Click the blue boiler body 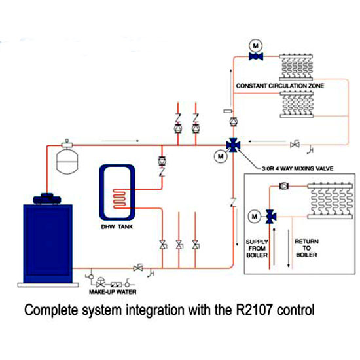[48, 243]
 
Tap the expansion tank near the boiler [67, 161]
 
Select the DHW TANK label [117, 227]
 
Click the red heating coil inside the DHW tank [119, 198]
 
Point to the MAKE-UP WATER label [113, 292]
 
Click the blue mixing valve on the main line [233, 145]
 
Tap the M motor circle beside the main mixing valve [221, 156]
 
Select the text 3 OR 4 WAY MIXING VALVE [298, 168]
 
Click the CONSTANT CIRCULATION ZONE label [280, 86]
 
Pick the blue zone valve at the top [256, 56]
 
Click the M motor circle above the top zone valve [256, 46]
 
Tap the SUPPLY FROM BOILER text [257, 249]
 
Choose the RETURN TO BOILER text [306, 248]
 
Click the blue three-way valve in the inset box [270, 217]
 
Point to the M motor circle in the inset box [255, 217]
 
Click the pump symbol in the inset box [284, 186]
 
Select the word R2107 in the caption [254, 310]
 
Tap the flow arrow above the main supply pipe [120, 141]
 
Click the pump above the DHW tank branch [162, 161]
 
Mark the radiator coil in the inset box [330, 201]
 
